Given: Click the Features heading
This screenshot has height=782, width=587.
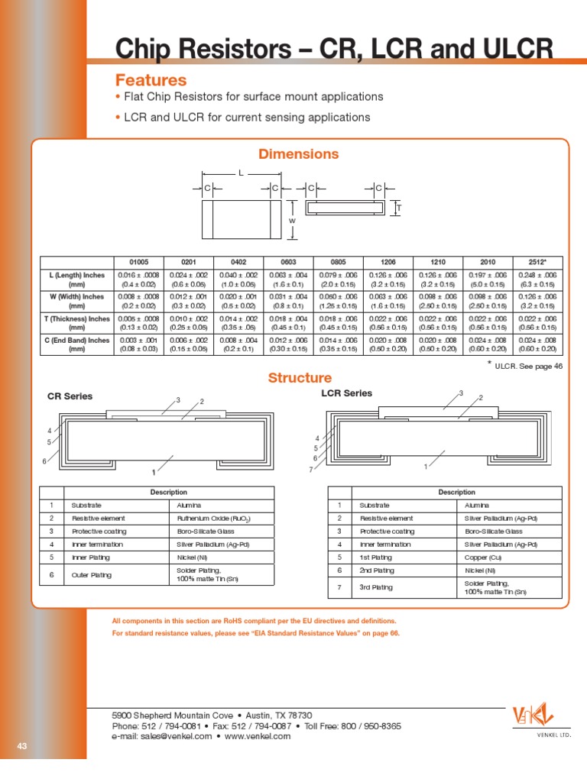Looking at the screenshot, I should click(x=151, y=80).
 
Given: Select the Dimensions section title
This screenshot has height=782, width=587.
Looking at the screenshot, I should click(x=298, y=154).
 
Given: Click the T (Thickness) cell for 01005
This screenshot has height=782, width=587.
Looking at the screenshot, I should click(x=138, y=323).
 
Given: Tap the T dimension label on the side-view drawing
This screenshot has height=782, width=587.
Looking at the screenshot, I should click(x=397, y=208).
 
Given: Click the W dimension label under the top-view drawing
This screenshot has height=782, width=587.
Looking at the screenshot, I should click(x=291, y=221).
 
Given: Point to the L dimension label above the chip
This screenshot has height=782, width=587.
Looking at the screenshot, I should click(x=241, y=173).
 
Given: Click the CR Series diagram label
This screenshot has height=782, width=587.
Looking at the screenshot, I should click(x=70, y=396).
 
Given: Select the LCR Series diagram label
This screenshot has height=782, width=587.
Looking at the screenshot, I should click(x=346, y=393).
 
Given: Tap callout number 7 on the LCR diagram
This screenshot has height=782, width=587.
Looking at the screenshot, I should click(x=310, y=469).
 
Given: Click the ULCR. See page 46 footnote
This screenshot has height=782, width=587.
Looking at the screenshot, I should click(x=527, y=367).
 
